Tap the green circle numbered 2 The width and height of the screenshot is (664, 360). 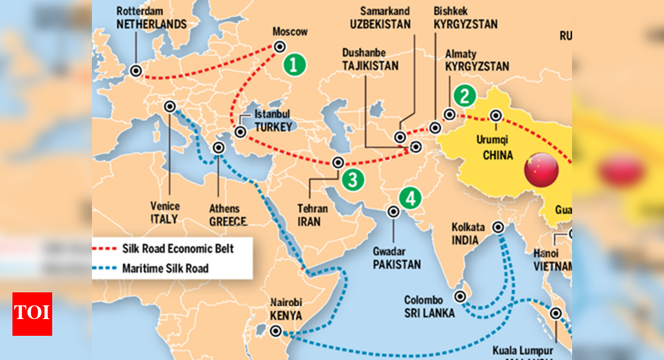(x=465, y=96)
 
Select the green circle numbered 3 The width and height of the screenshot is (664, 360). (x=352, y=180)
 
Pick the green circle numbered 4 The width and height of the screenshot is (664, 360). (x=410, y=198)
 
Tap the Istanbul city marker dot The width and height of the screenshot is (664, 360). (x=240, y=132)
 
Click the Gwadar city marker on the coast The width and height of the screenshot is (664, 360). (x=393, y=212)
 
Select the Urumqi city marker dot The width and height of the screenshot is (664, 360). (x=496, y=115)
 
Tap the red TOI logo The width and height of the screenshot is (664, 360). (x=32, y=313)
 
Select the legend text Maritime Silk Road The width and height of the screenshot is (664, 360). (x=165, y=268)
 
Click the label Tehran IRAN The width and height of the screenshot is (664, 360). (x=312, y=215)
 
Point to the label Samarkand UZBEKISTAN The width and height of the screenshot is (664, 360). (x=380, y=18)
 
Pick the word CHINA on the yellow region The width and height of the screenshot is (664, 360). (x=498, y=155)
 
